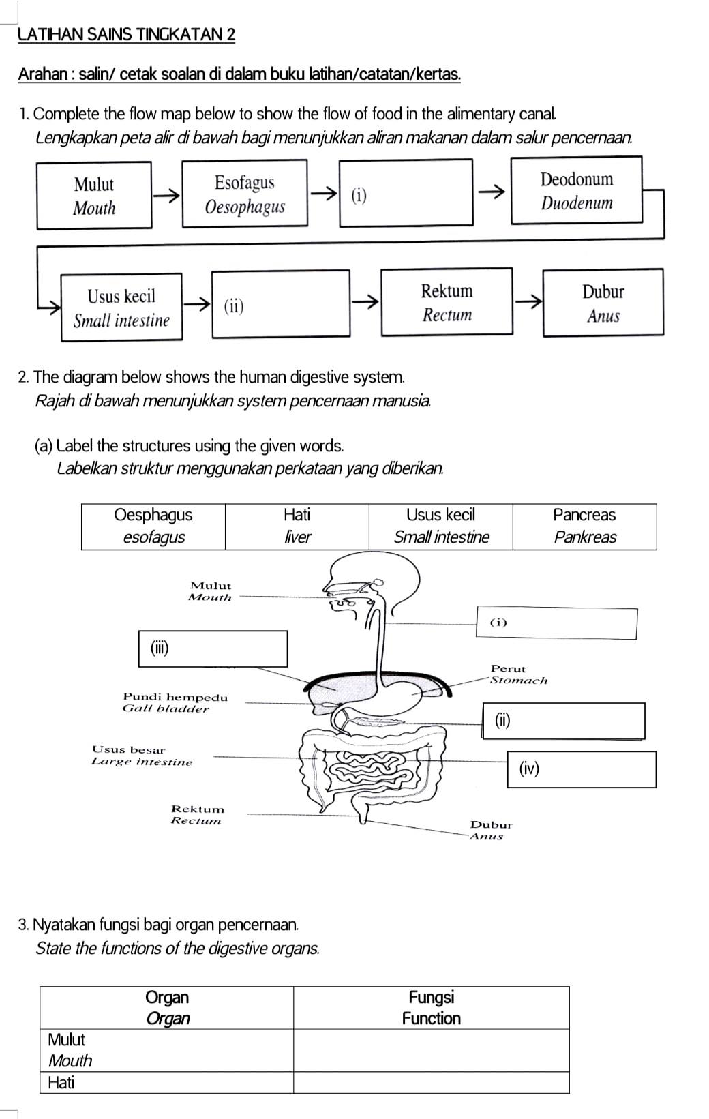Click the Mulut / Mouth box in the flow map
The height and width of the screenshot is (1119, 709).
pos(94,195)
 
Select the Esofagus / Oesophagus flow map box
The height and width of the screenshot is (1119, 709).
pos(245,194)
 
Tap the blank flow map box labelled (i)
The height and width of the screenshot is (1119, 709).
pos(406,192)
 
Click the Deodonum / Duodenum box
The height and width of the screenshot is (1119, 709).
pos(577,190)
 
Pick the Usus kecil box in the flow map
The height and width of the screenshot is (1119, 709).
pos(121,308)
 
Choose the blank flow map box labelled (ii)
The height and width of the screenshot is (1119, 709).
pos(281,303)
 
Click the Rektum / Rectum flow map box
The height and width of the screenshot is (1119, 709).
pos(447,301)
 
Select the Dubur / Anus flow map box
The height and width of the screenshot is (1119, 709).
pos(603,303)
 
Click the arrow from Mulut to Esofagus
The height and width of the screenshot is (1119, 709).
pos(167,196)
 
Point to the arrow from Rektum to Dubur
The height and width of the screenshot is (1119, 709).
pos(528,301)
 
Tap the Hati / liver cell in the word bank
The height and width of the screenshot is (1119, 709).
pos(297,526)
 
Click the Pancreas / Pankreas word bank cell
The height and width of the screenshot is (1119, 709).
pos(585,526)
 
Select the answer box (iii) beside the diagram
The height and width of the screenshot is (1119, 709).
pos(213,649)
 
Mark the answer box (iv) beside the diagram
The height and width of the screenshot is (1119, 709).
pos(582,769)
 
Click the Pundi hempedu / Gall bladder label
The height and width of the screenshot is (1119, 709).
pos(175,702)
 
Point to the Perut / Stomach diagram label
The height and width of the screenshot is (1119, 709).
pos(519,674)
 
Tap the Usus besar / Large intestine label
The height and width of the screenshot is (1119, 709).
pos(142,756)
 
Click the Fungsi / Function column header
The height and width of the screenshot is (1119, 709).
pos(432,1008)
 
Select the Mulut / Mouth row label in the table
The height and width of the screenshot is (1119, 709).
pos(70,1050)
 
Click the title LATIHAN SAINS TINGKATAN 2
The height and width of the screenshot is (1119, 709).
pos(126,35)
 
